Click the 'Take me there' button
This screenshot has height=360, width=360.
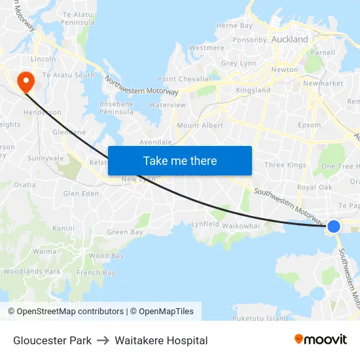click(x=180, y=160)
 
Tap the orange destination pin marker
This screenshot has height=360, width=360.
click(x=26, y=82)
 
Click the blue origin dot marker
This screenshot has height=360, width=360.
click(x=333, y=226)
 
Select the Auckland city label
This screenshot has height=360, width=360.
click(x=289, y=39)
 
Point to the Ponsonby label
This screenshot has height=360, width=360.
click(x=249, y=39)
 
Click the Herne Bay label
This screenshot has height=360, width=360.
click(x=234, y=26)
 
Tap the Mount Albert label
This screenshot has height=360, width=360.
click(x=200, y=125)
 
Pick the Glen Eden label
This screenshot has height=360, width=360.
click(x=81, y=194)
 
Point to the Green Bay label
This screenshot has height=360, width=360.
click(x=124, y=232)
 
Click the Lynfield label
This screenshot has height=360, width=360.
click(x=205, y=224)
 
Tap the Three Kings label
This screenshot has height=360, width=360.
click(x=285, y=165)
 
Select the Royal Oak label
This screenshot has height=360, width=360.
click(x=314, y=187)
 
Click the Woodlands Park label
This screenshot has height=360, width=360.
click(x=32, y=271)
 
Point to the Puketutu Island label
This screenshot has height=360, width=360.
click(x=260, y=319)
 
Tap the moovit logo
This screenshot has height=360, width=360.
click(x=320, y=339)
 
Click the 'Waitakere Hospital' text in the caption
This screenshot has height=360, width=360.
click(x=161, y=340)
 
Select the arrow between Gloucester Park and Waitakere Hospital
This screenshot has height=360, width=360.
click(x=103, y=340)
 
